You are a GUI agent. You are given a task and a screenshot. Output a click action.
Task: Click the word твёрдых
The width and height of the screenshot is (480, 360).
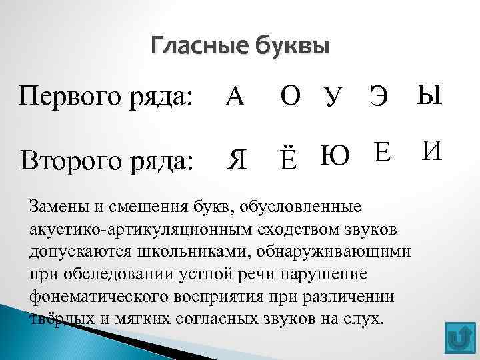point(61,318)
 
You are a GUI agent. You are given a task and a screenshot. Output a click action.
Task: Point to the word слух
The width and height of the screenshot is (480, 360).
point(365,318)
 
